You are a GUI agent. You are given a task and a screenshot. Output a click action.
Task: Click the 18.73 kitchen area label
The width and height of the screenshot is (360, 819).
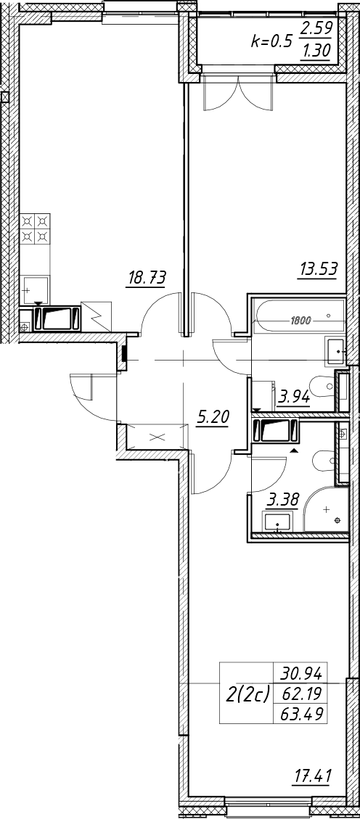[147, 278]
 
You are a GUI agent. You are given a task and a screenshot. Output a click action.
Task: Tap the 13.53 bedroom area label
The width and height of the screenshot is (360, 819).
[318, 270]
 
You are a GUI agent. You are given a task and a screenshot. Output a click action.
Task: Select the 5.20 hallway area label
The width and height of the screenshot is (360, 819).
[213, 417]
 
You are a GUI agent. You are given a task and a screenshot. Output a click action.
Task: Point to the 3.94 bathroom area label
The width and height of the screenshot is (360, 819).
[295, 396]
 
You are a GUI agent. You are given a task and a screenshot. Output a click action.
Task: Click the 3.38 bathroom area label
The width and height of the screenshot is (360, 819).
[282, 501]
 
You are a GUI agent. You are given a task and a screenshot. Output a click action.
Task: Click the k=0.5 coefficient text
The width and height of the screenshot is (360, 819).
[271, 42]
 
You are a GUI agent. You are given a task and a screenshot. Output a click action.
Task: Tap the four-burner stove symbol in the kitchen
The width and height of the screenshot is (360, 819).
[36, 229]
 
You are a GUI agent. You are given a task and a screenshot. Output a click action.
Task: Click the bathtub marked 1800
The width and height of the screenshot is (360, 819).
[299, 316]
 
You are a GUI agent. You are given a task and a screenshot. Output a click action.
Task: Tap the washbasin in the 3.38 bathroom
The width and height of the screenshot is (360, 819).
[277, 522]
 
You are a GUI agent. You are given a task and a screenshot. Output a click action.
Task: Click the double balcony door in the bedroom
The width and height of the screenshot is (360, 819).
[238, 92]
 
